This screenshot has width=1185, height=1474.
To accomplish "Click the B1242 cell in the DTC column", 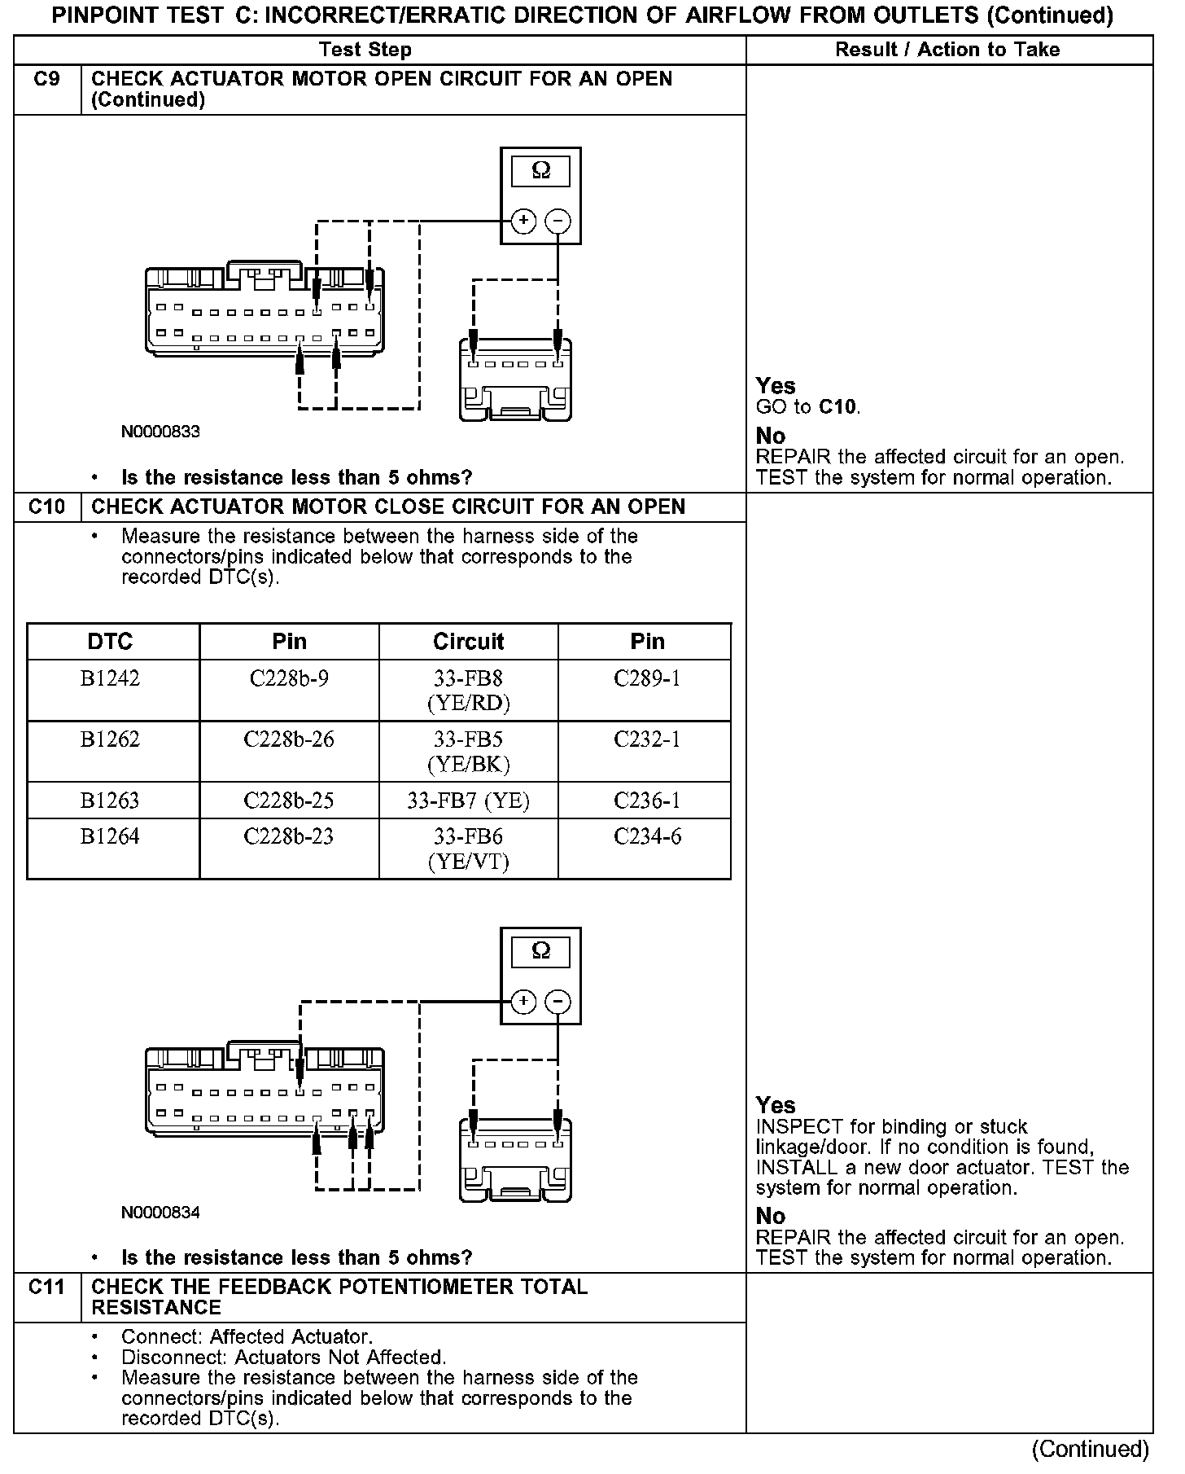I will tap(110, 678).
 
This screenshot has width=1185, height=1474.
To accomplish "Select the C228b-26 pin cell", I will tap(289, 739).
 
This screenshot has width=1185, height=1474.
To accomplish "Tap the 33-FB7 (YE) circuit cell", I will tap(468, 801).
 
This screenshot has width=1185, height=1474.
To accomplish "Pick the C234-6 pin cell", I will tap(647, 836).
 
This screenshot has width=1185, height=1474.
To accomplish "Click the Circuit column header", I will tap(468, 642).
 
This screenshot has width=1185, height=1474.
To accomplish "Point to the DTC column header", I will tap(110, 642).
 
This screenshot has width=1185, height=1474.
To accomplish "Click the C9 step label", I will tap(47, 80).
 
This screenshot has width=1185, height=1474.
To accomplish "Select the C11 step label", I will tap(47, 1288).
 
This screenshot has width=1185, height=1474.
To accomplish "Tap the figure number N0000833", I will tap(160, 432).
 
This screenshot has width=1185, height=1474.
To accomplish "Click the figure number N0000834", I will tap(160, 1213).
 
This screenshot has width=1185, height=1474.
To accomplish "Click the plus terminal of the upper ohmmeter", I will tap(523, 221).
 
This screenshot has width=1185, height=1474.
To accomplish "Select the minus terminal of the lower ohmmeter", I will tap(558, 1002).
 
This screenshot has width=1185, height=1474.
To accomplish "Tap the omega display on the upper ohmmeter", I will tap(540, 171).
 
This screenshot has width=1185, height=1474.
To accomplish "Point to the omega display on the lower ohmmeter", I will tap(540, 951).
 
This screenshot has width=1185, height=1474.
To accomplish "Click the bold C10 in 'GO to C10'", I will tap(838, 407).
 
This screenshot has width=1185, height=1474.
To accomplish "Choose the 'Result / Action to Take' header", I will tap(947, 50).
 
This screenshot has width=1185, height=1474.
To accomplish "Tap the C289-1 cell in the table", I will tap(647, 678).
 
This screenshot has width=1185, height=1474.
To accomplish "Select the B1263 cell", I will tap(110, 801).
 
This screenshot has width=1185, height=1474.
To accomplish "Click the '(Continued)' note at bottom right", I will tap(1090, 1450).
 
